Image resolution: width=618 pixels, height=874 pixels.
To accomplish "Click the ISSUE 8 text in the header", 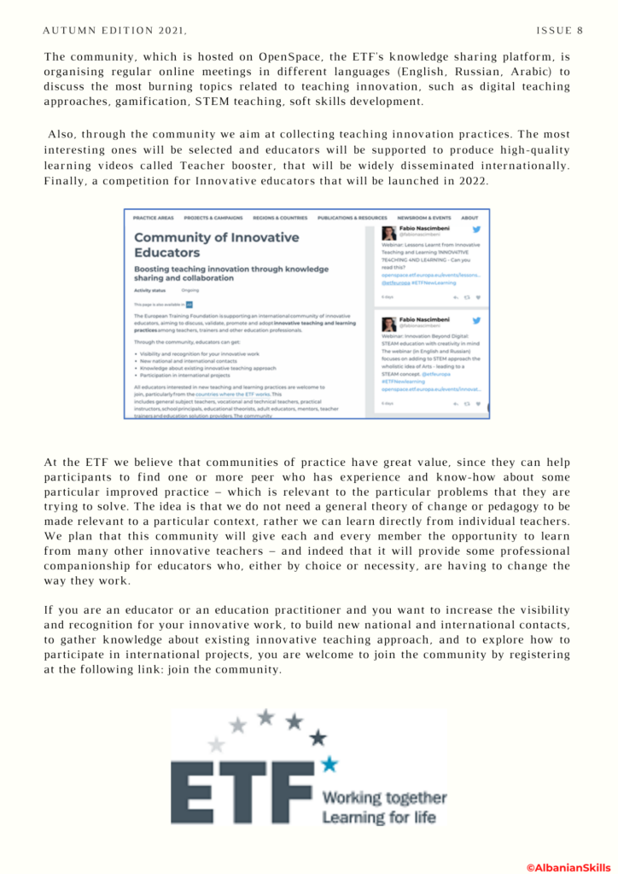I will (559, 31).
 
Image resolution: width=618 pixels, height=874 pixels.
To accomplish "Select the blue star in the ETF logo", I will (329, 763).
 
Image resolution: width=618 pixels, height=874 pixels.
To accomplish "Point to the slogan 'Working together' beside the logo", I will (383, 798).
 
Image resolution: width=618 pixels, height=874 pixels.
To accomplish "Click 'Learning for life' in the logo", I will (378, 818).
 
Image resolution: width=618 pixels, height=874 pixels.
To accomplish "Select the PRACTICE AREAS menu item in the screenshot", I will (154, 218).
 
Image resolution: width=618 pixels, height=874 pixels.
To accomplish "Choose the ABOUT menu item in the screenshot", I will (469, 218).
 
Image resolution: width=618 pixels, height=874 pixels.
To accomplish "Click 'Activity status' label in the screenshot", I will (149, 290).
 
